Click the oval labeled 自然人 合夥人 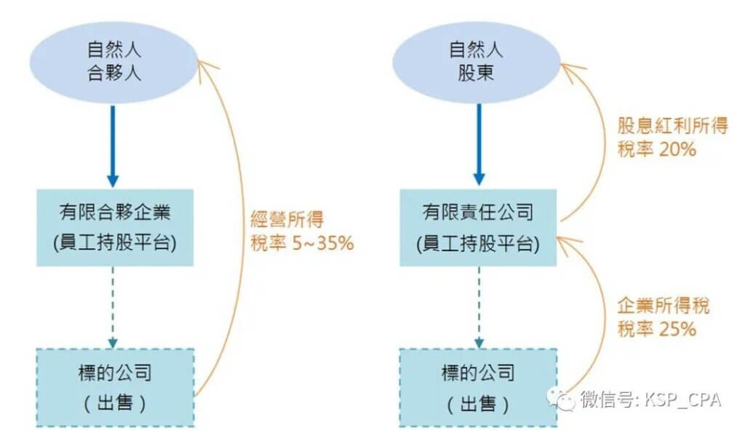point(112,62)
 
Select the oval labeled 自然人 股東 point(477,62)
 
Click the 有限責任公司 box point(477,228)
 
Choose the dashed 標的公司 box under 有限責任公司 point(477,387)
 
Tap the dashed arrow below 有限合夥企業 point(112,306)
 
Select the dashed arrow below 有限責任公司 point(477,306)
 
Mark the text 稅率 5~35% point(300,243)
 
